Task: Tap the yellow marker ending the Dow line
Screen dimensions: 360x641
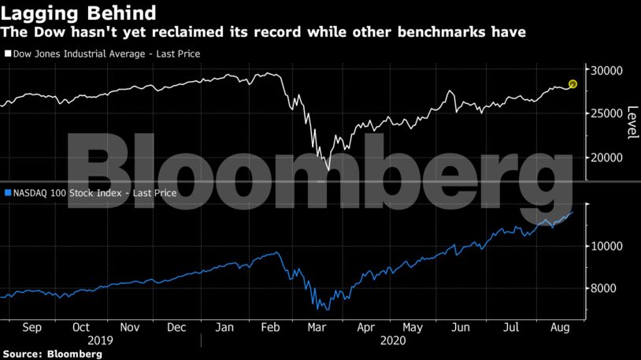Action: point(572,84)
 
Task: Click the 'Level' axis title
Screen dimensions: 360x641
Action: point(632,122)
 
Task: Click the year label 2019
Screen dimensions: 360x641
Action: point(100,341)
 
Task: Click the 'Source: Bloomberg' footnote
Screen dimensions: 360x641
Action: point(51,354)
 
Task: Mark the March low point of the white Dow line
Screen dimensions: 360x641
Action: point(328,169)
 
